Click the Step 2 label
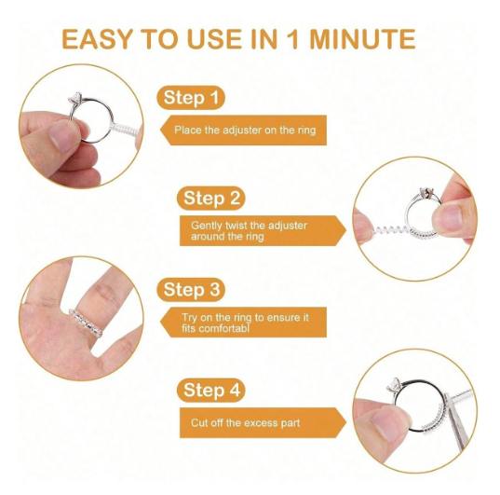tap(211, 198)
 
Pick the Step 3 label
tap(193, 290)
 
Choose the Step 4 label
tap(211, 390)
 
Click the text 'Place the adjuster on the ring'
tap(245, 131)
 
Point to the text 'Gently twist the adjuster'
tap(249, 225)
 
